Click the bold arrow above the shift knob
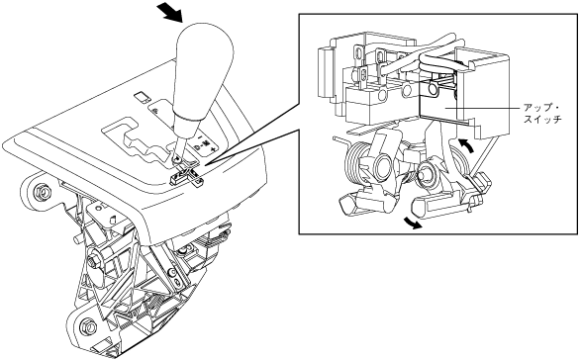tap(169, 12)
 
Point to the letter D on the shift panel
tap(197, 147)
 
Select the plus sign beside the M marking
tap(213, 149)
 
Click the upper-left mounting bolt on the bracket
tap(42, 192)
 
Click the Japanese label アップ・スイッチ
tap(542, 114)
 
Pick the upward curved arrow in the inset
tap(466, 144)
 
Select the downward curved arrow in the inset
tap(413, 223)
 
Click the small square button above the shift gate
tap(142, 97)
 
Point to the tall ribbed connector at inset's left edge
tap(325, 73)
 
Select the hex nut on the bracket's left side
tap(92, 262)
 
